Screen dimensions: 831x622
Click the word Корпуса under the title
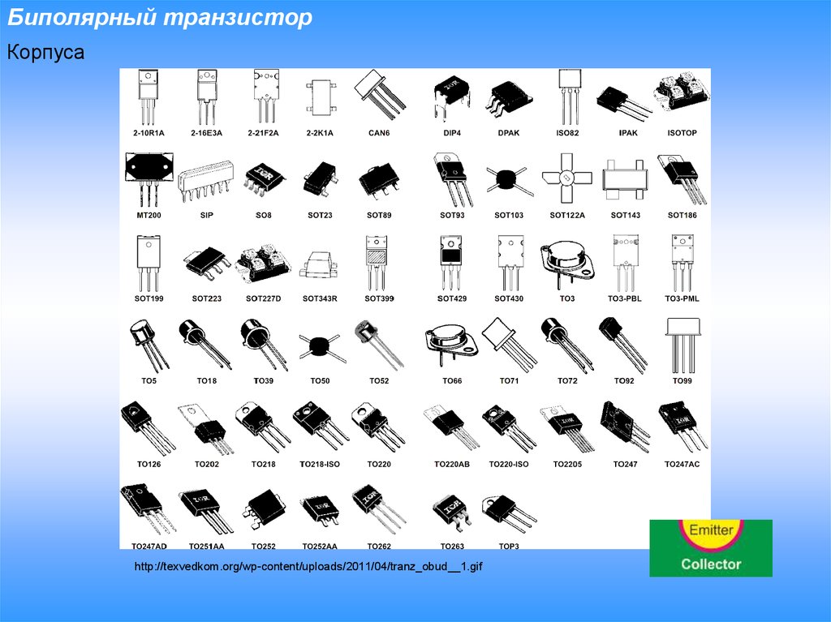point(45,53)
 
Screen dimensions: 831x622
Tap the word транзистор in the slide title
point(238,18)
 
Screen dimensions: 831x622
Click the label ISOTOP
point(682,133)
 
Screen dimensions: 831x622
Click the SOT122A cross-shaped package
point(567,178)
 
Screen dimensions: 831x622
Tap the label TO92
point(624,381)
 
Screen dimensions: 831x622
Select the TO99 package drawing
point(682,345)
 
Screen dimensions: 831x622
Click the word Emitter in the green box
point(711,530)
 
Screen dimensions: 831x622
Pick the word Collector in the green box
point(711,564)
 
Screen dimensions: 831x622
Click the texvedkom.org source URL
point(308,566)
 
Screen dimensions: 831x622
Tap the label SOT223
point(207,298)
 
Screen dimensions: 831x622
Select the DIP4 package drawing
point(451,98)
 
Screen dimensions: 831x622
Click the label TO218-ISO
point(320,465)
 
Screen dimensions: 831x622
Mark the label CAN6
point(379,133)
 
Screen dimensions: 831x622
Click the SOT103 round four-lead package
point(508,179)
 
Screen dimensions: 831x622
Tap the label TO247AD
point(149,547)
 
